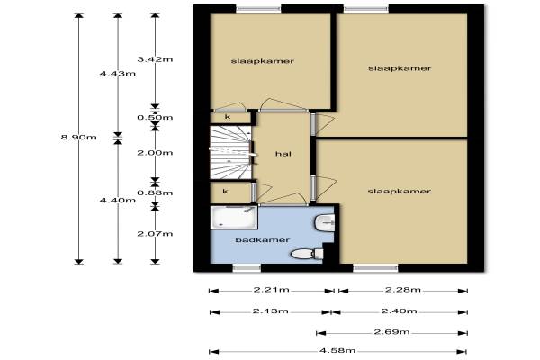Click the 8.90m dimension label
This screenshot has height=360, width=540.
pos(79,138)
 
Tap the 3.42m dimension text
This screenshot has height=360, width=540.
pos(155,59)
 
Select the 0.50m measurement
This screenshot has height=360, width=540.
pos(155,118)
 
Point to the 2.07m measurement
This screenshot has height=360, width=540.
pos(155,234)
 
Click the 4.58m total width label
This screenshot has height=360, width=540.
pos(337,351)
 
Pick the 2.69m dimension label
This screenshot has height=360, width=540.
pos(391,332)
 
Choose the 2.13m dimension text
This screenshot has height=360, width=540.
pos(270,311)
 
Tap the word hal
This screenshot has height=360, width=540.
pos(283,154)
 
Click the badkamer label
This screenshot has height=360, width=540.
pos(263,239)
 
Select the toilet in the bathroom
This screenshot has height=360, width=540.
pos(307,254)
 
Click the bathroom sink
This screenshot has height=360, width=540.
pos(324,222)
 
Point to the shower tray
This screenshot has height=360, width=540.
pos(234,218)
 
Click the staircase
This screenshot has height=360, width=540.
pos(231,152)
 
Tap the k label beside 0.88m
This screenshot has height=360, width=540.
pos(226,192)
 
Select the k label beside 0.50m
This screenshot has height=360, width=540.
pos(228,117)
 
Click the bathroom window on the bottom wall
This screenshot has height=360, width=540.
pos(247,268)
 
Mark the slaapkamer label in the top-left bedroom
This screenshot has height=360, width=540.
pos(263,61)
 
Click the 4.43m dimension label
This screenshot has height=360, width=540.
pos(118,74)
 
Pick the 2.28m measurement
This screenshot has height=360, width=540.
pos(403,290)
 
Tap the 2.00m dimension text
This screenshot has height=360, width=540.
pos(155,153)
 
